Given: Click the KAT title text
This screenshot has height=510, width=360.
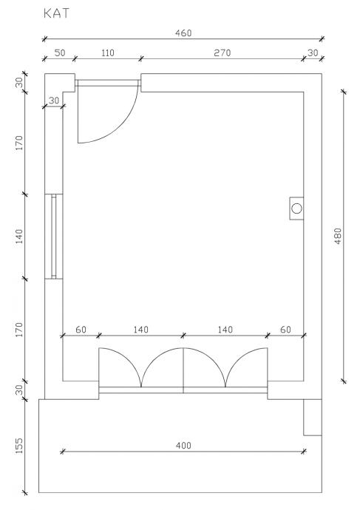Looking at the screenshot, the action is [x=57, y=13].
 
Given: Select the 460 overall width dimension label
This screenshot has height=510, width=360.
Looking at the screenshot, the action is [x=183, y=33].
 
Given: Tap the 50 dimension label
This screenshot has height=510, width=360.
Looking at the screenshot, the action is [x=60, y=52].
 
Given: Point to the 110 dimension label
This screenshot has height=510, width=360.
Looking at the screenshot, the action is [x=108, y=52].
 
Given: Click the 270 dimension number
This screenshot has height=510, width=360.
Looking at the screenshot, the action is [x=222, y=52].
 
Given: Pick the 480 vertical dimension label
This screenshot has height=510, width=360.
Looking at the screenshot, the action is [x=338, y=236].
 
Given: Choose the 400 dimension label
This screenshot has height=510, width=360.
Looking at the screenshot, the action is [x=183, y=445].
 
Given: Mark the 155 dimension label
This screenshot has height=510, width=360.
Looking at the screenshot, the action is [x=19, y=446].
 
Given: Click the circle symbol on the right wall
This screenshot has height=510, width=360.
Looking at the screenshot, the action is [x=296, y=208].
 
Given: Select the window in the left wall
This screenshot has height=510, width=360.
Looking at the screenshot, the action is [x=54, y=237].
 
